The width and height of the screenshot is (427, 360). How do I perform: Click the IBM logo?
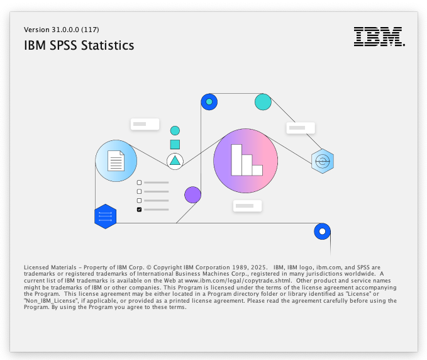(379, 37)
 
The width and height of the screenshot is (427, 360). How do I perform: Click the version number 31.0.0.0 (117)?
(62, 30)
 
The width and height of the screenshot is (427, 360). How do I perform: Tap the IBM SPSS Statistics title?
(79, 46)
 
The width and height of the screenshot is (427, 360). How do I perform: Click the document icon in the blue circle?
(116, 160)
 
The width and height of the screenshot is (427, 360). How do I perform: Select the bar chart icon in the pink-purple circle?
(246, 160)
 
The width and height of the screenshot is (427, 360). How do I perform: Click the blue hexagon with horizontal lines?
(105, 217)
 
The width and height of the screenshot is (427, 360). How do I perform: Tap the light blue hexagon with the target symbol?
(322, 161)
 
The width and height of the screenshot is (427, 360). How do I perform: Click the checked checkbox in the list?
(140, 209)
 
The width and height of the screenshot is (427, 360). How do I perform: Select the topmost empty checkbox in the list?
(140, 183)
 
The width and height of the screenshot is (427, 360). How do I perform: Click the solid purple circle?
(192, 195)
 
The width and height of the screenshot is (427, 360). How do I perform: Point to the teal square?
(175, 144)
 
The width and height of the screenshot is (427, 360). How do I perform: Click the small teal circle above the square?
(175, 130)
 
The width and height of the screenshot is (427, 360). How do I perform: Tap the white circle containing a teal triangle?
(175, 161)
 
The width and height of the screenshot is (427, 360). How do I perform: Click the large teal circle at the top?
(263, 101)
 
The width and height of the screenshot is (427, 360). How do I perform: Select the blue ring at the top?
(209, 101)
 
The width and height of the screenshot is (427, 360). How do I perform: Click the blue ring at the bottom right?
(322, 232)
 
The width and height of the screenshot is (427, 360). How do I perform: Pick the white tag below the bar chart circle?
(247, 206)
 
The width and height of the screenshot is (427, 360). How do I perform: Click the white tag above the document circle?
(144, 124)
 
